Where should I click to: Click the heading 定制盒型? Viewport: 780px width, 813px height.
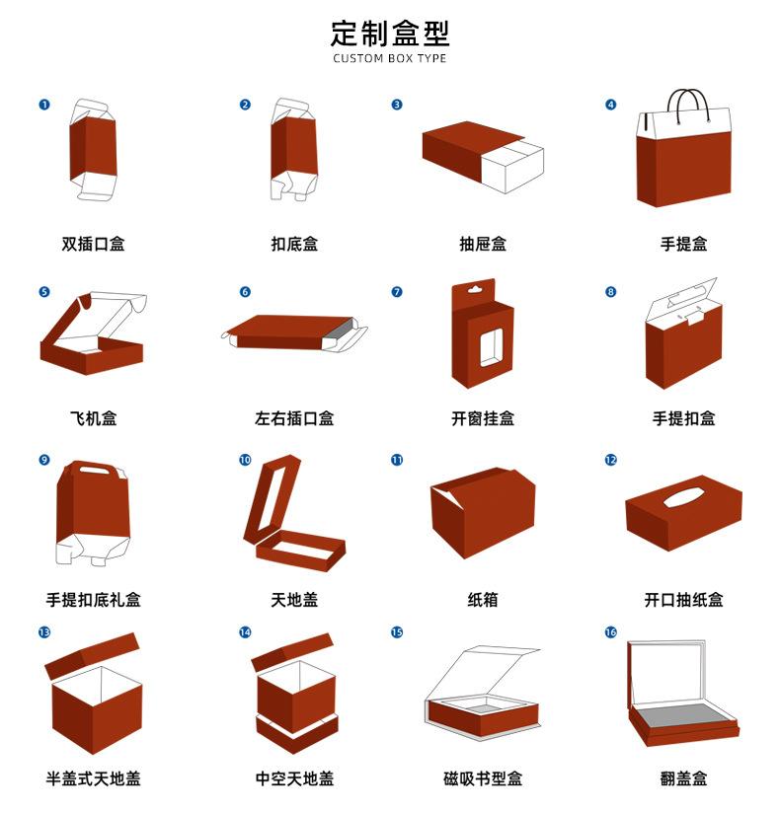pyautogui.click(x=389, y=33)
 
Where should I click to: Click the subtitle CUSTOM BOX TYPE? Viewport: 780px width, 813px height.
pyautogui.click(x=389, y=59)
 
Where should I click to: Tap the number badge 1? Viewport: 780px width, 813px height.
pyautogui.click(x=44, y=105)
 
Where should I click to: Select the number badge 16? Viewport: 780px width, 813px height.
pyautogui.click(x=610, y=631)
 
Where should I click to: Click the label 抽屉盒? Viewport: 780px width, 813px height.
pyautogui.click(x=483, y=244)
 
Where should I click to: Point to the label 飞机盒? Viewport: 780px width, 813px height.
pyautogui.click(x=93, y=418)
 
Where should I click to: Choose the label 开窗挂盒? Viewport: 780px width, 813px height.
pyautogui.click(x=483, y=418)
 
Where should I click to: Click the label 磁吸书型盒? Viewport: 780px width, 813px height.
pyautogui.click(x=483, y=778)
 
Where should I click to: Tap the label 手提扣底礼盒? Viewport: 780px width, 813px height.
pyautogui.click(x=93, y=599)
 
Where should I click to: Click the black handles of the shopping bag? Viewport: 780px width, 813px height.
pyautogui.click(x=686, y=102)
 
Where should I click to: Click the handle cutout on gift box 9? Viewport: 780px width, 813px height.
pyautogui.click(x=95, y=472)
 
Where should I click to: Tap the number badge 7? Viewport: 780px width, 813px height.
pyautogui.click(x=397, y=292)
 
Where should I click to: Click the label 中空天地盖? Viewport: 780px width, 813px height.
pyautogui.click(x=294, y=778)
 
